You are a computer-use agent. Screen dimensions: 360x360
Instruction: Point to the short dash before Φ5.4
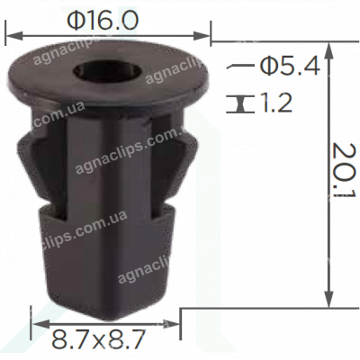tap(239, 66)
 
